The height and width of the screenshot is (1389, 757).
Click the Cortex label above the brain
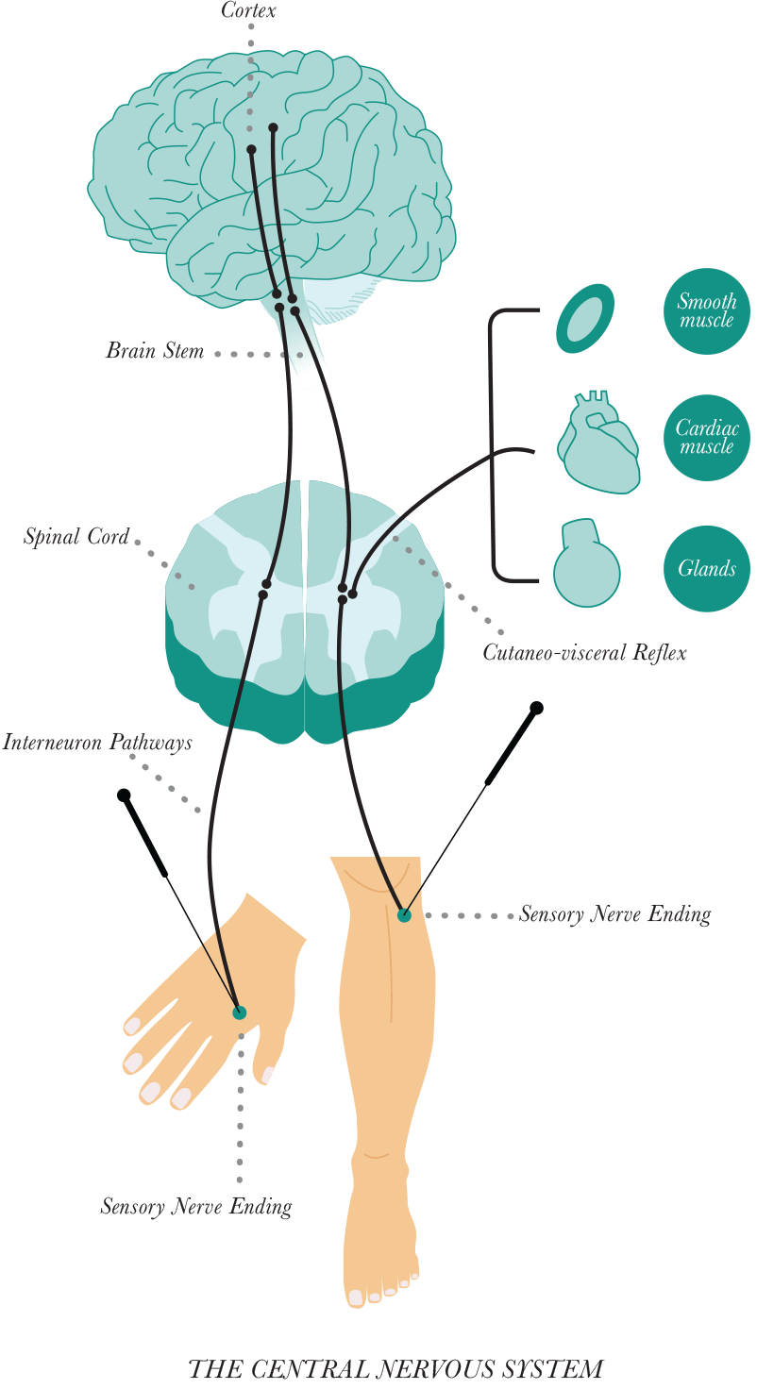248,11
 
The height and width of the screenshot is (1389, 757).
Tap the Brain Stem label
155,352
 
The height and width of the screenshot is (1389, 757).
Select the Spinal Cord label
76,538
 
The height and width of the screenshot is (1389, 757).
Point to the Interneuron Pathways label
97,743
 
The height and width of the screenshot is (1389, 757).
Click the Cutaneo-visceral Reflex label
584,652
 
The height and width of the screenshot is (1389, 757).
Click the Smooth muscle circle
706,311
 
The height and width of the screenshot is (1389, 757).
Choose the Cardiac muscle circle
706,438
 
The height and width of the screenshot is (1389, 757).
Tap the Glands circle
706,568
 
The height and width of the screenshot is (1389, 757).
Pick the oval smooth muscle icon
585,318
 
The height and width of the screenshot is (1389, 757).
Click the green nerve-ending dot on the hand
239,1012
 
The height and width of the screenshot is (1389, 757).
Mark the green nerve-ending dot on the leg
404,914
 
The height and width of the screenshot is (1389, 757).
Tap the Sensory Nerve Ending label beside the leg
614,914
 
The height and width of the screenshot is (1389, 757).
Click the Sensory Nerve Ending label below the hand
195,1207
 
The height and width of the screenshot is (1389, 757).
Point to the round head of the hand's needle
124,795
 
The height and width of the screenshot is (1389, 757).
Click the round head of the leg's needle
536,708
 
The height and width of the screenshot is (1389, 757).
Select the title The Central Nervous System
395,1369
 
